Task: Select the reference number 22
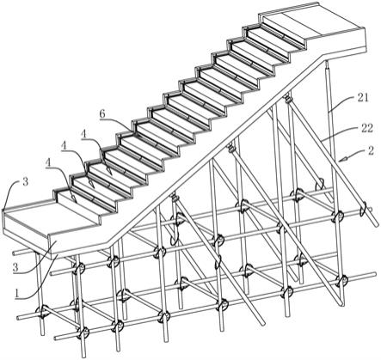[366, 128]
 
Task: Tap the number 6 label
[102, 114]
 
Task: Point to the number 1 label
[17, 293]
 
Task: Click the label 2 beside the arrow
[371, 150]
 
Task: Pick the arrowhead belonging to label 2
[341, 160]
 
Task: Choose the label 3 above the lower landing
[26, 182]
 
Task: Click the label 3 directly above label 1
[15, 267]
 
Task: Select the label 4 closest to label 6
[83, 134]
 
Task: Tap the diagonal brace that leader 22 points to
[333, 162]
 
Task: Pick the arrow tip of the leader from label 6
[135, 132]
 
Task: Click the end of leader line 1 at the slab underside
[58, 253]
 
